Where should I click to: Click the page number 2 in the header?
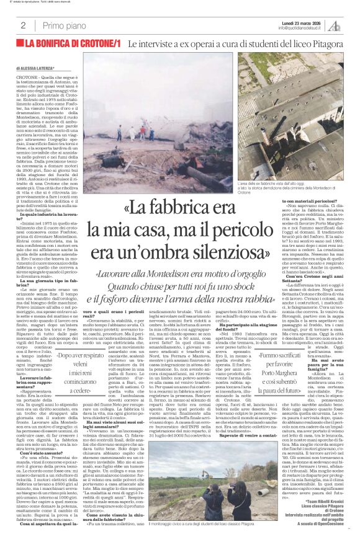(x=23, y=25)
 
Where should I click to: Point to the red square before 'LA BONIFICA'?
(x=20, y=45)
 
